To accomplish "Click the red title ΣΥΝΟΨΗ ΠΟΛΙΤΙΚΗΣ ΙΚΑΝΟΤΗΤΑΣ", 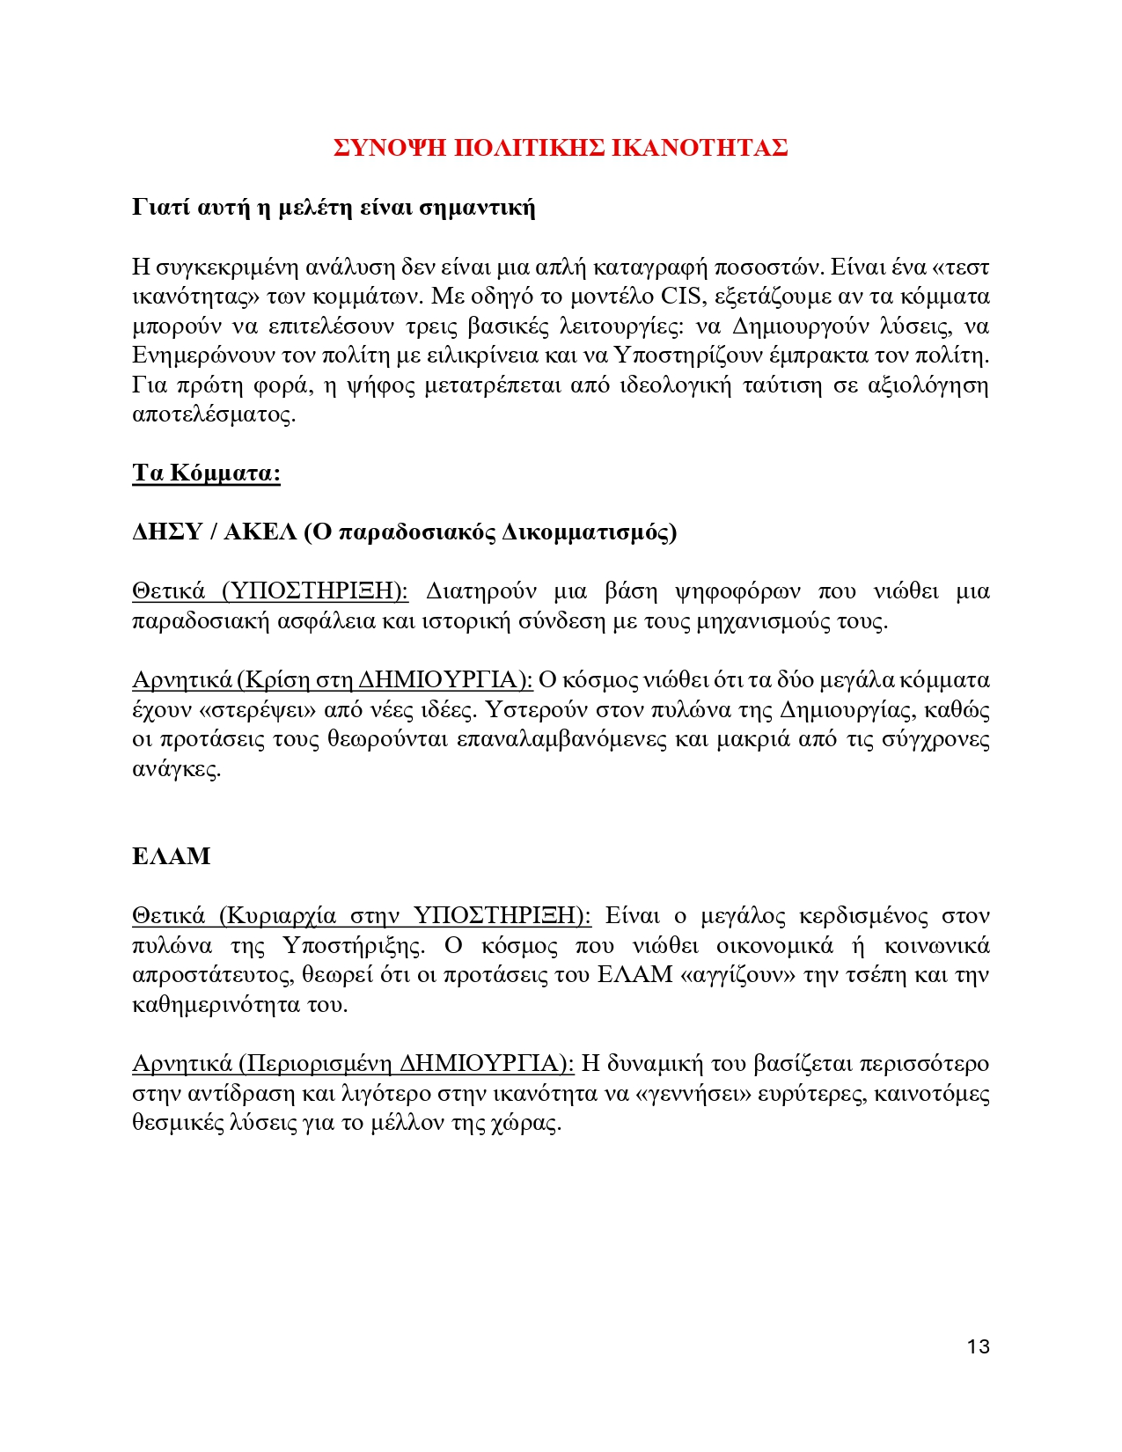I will point(561,148).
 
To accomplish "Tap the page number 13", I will point(978,1346).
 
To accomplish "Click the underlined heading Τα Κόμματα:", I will point(206,473).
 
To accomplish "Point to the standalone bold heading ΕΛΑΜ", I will point(172,856).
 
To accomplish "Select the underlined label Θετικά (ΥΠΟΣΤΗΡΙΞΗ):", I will point(270,590).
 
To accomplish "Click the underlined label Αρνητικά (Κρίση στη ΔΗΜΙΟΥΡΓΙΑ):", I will point(333,680).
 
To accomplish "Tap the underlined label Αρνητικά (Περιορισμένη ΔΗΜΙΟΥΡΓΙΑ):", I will point(353,1064).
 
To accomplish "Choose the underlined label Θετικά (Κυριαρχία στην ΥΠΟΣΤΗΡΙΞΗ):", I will point(362,916).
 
